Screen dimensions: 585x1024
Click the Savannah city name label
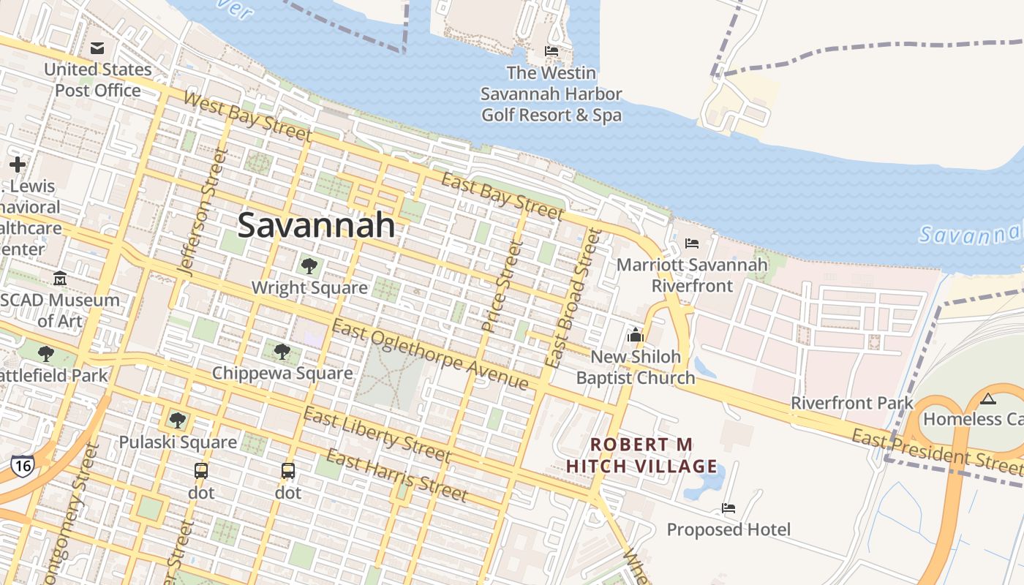(316, 225)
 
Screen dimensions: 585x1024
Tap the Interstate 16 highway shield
(22, 466)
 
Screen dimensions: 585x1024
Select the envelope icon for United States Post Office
(97, 49)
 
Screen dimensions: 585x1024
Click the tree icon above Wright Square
(309, 265)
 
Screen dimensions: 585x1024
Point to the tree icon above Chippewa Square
(282, 351)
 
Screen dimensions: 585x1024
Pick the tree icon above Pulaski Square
(177, 420)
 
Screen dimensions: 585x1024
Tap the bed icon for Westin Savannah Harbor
(551, 50)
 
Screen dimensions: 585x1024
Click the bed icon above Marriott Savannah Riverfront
(692, 243)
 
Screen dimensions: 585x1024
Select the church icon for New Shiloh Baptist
(635, 335)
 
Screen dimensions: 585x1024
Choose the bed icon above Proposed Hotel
(729, 507)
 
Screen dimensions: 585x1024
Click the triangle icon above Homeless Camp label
(988, 399)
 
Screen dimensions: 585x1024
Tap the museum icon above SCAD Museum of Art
(60, 278)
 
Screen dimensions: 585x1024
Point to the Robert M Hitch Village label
(641, 456)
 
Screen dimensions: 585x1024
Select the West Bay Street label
(248, 116)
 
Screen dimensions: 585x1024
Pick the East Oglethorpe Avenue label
(429, 355)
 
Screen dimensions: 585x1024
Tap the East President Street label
(937, 449)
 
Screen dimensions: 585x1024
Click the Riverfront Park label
(852, 403)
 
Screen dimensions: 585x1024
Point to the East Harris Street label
(396, 475)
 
